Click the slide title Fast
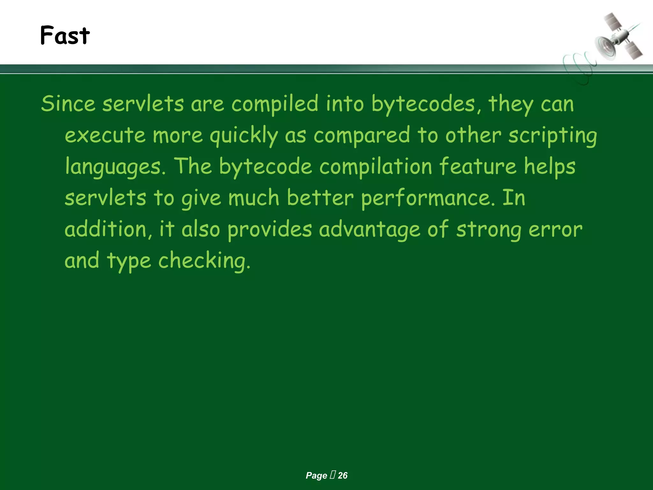tap(65, 35)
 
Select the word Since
tap(68, 104)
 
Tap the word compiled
tap(275, 104)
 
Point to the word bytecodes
tap(423, 104)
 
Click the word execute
tap(105, 135)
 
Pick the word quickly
tap(244, 135)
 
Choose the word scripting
tap(553, 135)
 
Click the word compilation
tap(375, 166)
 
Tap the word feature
tap(478, 166)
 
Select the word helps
tap(550, 166)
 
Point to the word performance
tap(428, 198)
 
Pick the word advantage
tap(370, 229)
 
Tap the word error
tap(555, 229)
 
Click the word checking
tap(204, 260)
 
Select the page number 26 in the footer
tap(342, 475)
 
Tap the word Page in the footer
tap(316, 475)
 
